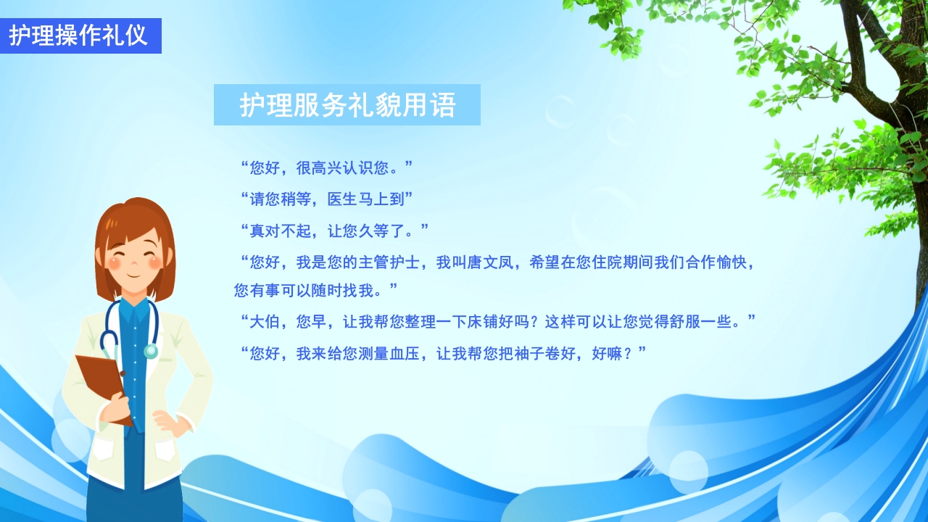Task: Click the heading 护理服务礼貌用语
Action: pyautogui.click(x=347, y=105)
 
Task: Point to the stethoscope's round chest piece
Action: pyautogui.click(x=151, y=351)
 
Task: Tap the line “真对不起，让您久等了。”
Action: pyautogui.click(x=334, y=231)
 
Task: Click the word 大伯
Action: pyautogui.click(x=264, y=322)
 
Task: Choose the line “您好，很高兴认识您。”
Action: pyautogui.click(x=326, y=168)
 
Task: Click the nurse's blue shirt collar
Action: pyautogui.click(x=134, y=310)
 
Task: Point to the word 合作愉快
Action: pyautogui.click(x=716, y=262)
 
